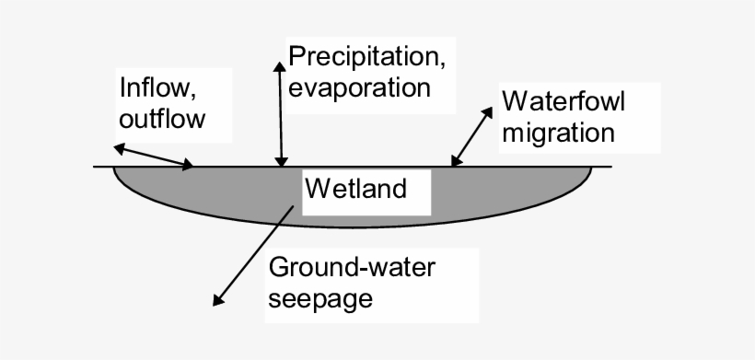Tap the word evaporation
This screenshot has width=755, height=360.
360,88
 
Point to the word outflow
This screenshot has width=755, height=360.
162,120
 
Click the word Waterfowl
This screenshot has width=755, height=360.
563,100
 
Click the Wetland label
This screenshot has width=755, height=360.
355,190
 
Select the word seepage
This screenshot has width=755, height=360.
321,299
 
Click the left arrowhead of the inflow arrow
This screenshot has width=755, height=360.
117,146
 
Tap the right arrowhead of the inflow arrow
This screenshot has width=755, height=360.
189,167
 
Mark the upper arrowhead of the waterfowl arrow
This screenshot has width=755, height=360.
490,110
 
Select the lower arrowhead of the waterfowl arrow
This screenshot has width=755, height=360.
454,163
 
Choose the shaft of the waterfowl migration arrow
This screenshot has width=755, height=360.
471,137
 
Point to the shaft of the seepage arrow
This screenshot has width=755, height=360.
256,252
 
